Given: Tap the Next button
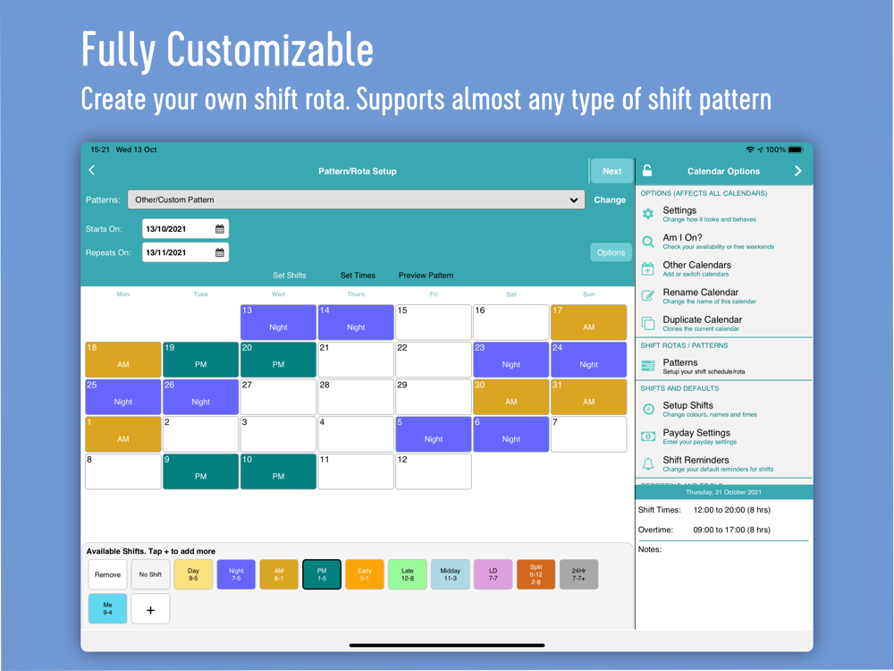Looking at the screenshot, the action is click(x=611, y=171).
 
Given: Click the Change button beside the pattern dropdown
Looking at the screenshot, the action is click(x=610, y=200).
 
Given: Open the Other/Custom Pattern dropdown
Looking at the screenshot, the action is click(x=357, y=200).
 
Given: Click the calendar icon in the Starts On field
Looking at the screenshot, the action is click(x=220, y=229).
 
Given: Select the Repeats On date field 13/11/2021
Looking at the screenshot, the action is click(x=185, y=252).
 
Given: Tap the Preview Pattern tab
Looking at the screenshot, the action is click(x=426, y=275).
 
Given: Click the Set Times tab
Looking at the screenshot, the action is click(x=358, y=275).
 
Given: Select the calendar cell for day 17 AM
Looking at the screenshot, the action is click(x=588, y=322).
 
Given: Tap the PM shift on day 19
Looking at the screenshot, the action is click(x=200, y=360).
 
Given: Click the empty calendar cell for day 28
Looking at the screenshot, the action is click(x=356, y=397).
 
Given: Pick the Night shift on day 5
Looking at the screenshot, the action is click(x=434, y=434).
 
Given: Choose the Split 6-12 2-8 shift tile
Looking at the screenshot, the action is click(x=536, y=574).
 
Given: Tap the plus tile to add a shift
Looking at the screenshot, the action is click(x=150, y=609).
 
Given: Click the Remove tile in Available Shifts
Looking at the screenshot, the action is click(x=108, y=574).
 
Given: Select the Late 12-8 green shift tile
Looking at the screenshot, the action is click(x=407, y=574).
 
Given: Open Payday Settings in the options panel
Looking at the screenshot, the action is click(x=696, y=437).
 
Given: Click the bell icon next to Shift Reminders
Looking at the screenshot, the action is click(x=648, y=463).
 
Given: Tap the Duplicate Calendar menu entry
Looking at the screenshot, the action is click(x=703, y=324).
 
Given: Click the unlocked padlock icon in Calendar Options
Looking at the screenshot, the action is click(x=647, y=171).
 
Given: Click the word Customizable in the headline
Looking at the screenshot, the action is click(x=270, y=50).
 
